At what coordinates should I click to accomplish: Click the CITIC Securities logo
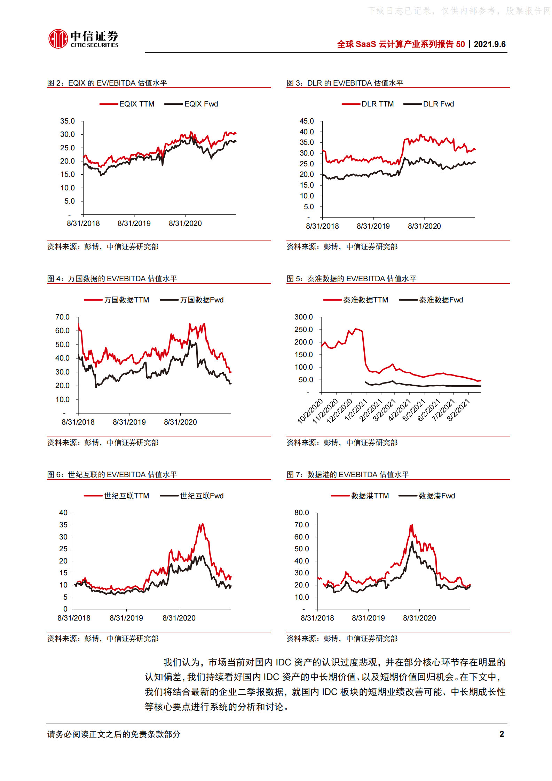[83, 39]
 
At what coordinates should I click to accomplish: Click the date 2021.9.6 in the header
[489, 44]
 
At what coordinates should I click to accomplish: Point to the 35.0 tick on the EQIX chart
[68, 121]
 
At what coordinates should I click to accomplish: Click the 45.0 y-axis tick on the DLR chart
[307, 121]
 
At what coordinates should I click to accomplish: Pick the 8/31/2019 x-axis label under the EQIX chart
[134, 223]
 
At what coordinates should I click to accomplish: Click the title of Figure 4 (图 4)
[112, 279]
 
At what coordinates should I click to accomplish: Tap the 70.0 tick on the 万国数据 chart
[62, 317]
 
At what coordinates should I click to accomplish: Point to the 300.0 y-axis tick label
[303, 317]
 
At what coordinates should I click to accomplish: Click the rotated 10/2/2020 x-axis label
[310, 411]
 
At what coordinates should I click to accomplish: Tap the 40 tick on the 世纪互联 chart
[63, 513]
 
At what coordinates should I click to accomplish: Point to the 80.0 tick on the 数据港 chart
[302, 513]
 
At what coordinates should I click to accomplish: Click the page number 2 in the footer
[502, 734]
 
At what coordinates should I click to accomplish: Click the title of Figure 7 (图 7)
[348, 475]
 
